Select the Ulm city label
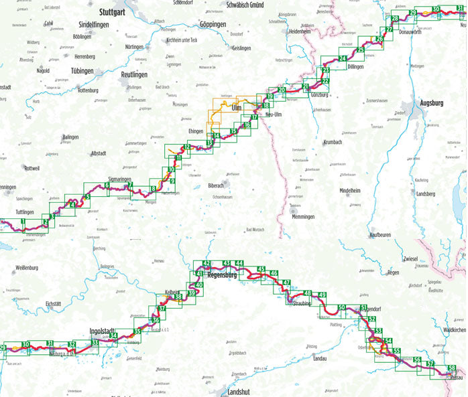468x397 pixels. click(x=236, y=107)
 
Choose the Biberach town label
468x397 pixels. click(x=216, y=185)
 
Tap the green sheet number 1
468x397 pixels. click(x=23, y=221)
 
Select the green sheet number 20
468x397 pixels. click(x=282, y=90)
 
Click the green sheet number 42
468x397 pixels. click(x=207, y=264)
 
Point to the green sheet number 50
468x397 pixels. click(x=342, y=307)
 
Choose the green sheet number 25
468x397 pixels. click(x=361, y=50)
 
